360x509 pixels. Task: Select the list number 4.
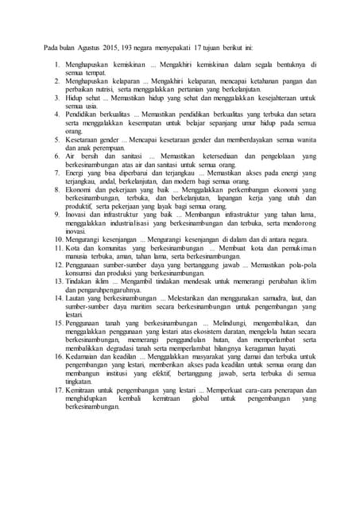(56, 114)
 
